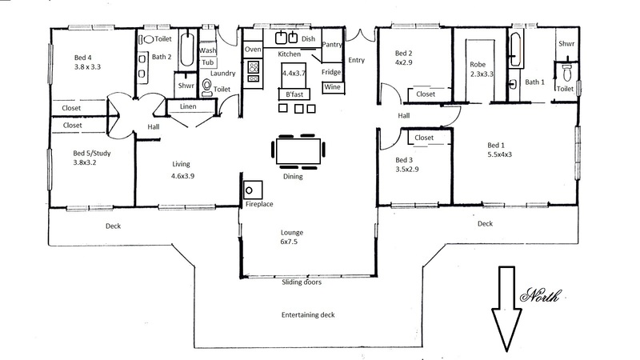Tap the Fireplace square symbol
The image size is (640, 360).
(253, 190)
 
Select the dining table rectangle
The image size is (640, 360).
(298, 151)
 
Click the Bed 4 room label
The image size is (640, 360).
(80, 58)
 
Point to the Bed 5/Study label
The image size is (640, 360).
(92, 154)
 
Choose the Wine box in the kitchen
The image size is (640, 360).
(332, 87)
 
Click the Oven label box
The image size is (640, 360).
(253, 50)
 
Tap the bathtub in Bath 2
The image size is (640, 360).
(187, 50)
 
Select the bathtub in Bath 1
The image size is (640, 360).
(515, 50)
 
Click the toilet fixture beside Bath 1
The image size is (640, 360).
(567, 73)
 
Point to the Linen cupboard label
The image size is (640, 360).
(188, 106)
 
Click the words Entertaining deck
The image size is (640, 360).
(308, 314)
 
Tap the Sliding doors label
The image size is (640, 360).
(302, 282)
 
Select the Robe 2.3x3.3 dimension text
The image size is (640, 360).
(482, 74)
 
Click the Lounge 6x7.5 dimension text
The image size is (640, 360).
(289, 242)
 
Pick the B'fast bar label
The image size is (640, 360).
(294, 94)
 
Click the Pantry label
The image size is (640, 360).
(332, 45)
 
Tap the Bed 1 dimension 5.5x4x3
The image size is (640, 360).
(499, 154)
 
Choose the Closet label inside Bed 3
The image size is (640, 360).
(424, 138)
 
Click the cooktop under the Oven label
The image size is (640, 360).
(254, 72)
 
